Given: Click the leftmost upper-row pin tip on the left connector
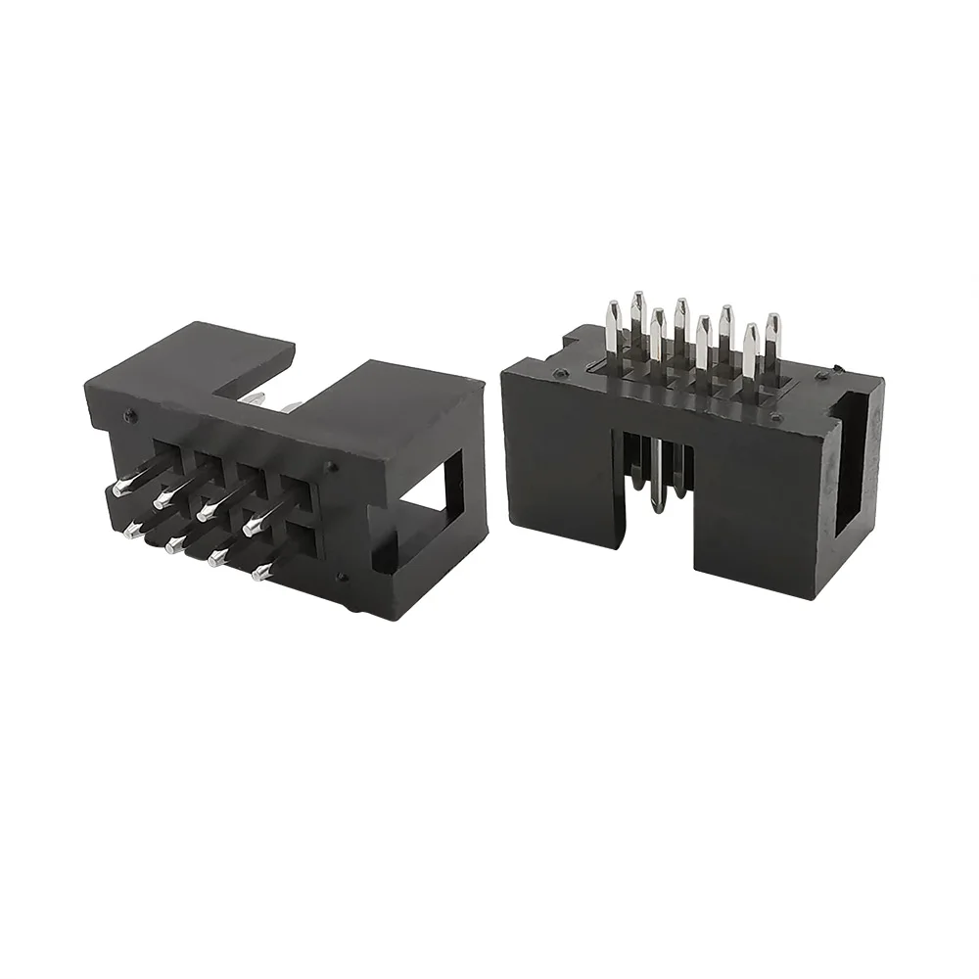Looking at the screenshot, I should pyautogui.click(x=119, y=488).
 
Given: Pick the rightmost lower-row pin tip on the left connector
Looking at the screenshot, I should pyautogui.click(x=258, y=574).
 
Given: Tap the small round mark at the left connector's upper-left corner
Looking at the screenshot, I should pyautogui.click(x=129, y=415).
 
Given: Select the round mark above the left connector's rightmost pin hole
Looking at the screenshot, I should pyautogui.click(x=330, y=467).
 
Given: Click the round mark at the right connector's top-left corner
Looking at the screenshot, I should pyautogui.click(x=559, y=374).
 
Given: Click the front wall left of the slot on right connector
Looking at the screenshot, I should pyautogui.click(x=558, y=460).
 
